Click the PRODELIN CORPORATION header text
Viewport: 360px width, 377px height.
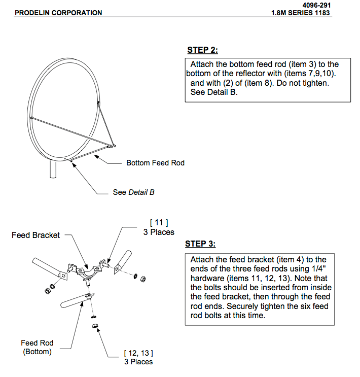58,13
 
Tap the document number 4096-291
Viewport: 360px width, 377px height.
317,5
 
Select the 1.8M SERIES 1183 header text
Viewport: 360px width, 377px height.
302,13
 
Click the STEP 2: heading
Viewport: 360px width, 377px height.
202,50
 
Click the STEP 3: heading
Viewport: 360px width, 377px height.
200,244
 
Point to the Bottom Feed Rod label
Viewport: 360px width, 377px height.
155,163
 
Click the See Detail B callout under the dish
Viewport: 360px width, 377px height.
133,193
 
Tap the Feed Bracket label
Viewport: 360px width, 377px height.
35,235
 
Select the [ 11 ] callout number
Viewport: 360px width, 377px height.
159,222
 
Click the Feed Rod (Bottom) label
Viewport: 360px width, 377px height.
37,347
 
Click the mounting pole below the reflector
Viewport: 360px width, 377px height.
53,169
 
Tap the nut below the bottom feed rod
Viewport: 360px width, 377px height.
95,326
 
